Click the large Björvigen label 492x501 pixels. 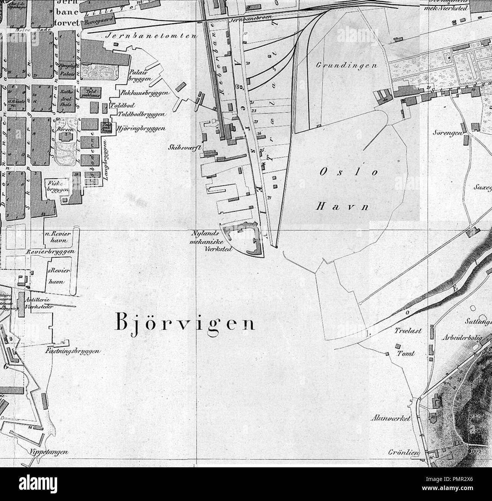[x=184, y=324]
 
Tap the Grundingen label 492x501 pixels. [x=347, y=65]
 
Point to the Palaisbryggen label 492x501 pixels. [x=140, y=75]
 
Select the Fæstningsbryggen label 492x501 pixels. [x=80, y=351]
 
